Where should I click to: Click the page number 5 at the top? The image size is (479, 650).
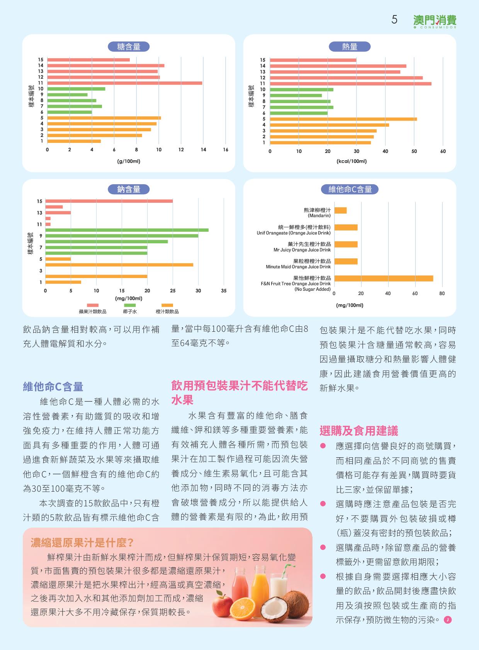[394, 20]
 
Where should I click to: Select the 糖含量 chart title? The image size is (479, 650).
[129, 47]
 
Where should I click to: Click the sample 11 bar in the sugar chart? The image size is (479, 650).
[124, 83]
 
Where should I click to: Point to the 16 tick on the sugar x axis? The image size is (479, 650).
[226, 150]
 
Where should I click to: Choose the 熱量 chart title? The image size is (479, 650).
[350, 47]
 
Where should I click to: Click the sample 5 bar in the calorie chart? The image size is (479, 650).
[343, 119]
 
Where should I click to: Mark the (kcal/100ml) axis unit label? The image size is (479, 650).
[352, 161]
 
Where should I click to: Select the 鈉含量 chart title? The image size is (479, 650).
[129, 189]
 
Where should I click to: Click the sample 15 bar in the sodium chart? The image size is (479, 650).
[109, 201]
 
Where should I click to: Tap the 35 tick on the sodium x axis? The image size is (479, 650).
[224, 291]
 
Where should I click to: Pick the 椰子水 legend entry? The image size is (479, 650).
[130, 309]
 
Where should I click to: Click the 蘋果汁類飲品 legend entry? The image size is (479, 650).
[93, 309]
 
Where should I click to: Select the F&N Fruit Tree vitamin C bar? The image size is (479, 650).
[384, 278]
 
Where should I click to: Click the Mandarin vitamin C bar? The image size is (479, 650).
[340, 210]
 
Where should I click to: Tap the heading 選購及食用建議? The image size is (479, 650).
[358, 431]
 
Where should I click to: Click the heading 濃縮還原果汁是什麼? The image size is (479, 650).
[82, 543]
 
